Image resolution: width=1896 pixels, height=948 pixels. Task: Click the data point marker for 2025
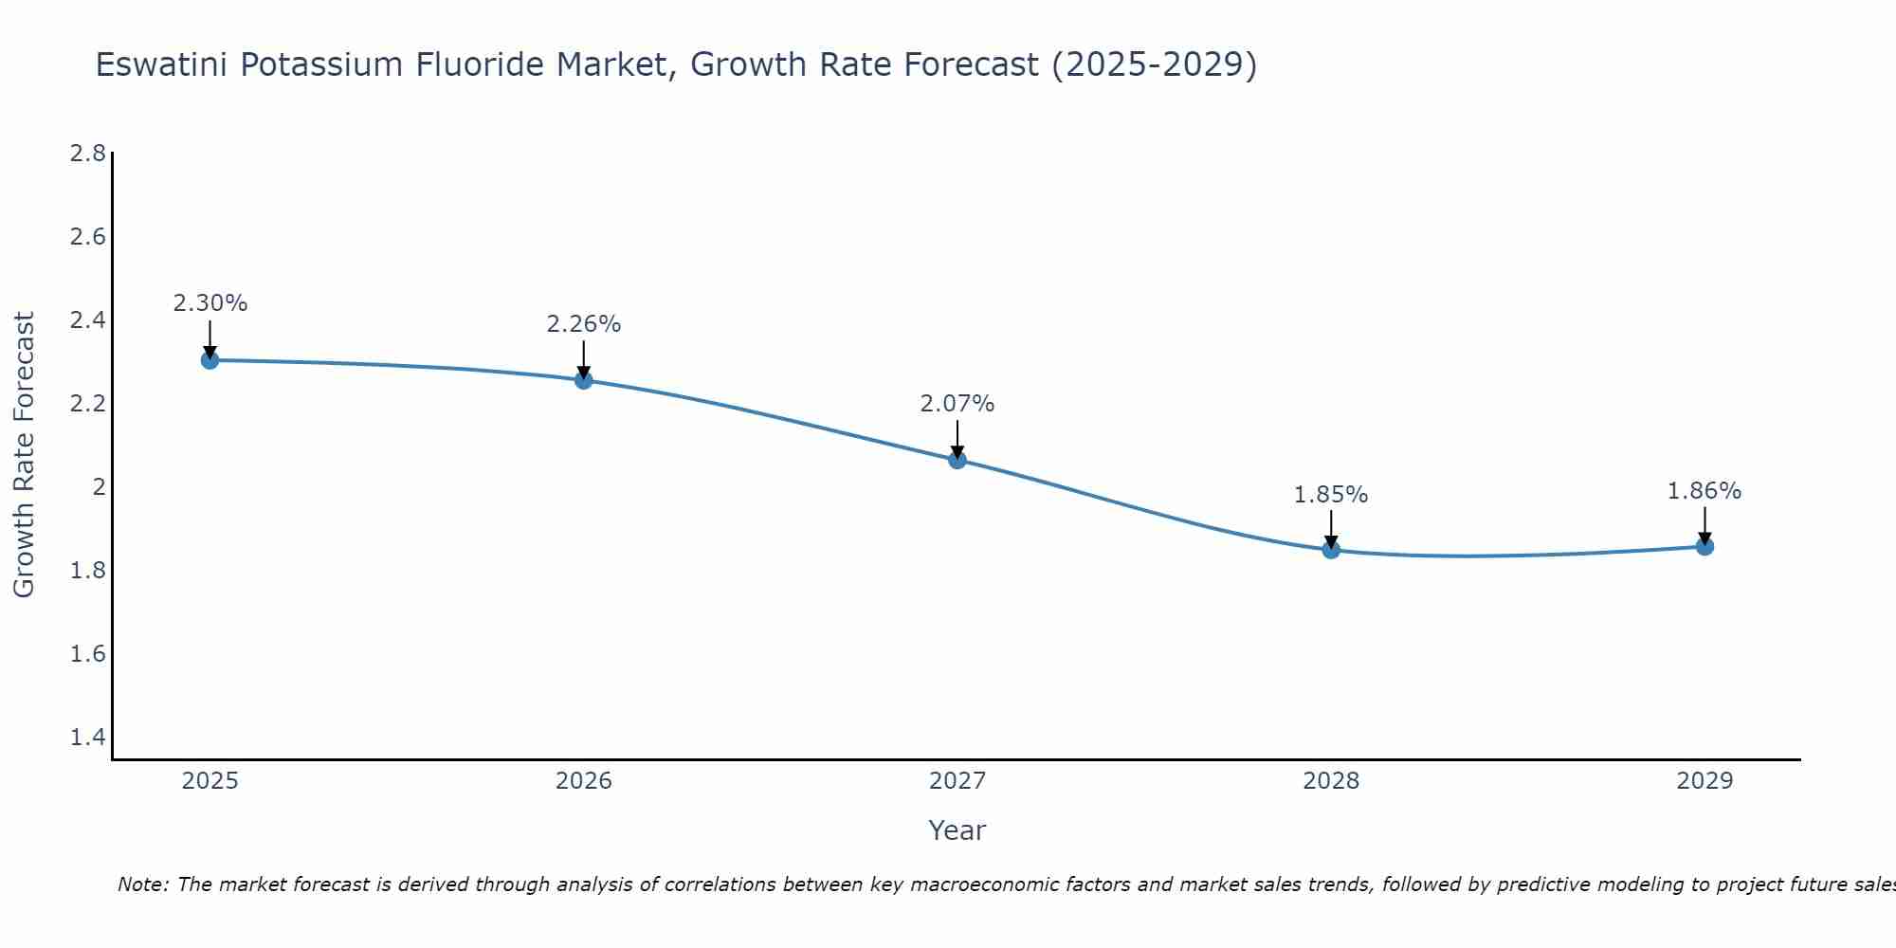210,360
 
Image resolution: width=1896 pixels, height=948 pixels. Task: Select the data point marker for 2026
584,380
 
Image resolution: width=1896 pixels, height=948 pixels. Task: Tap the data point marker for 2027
957,460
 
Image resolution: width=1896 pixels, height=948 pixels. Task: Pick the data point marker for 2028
1331,550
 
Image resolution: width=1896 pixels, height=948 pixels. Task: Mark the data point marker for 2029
1705,546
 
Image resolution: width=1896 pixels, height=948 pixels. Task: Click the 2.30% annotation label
210,303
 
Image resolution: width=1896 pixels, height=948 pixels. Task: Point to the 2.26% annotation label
584,324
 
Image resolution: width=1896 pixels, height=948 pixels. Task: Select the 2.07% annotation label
957,404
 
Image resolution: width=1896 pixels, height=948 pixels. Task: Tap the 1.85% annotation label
1331,495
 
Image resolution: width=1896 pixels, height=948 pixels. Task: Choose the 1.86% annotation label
1705,491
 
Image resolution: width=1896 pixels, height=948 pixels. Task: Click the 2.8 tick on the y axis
87,153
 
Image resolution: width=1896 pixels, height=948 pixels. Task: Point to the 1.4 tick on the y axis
87,738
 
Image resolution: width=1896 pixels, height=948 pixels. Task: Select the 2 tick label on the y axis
98,487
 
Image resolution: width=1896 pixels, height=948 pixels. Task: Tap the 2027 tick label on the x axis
957,781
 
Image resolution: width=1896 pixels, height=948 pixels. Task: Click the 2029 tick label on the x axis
1705,781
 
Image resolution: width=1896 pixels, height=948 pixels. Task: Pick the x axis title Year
957,830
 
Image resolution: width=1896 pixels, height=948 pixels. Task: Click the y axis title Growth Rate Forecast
24,455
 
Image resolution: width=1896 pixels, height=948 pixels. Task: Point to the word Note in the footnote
142,884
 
